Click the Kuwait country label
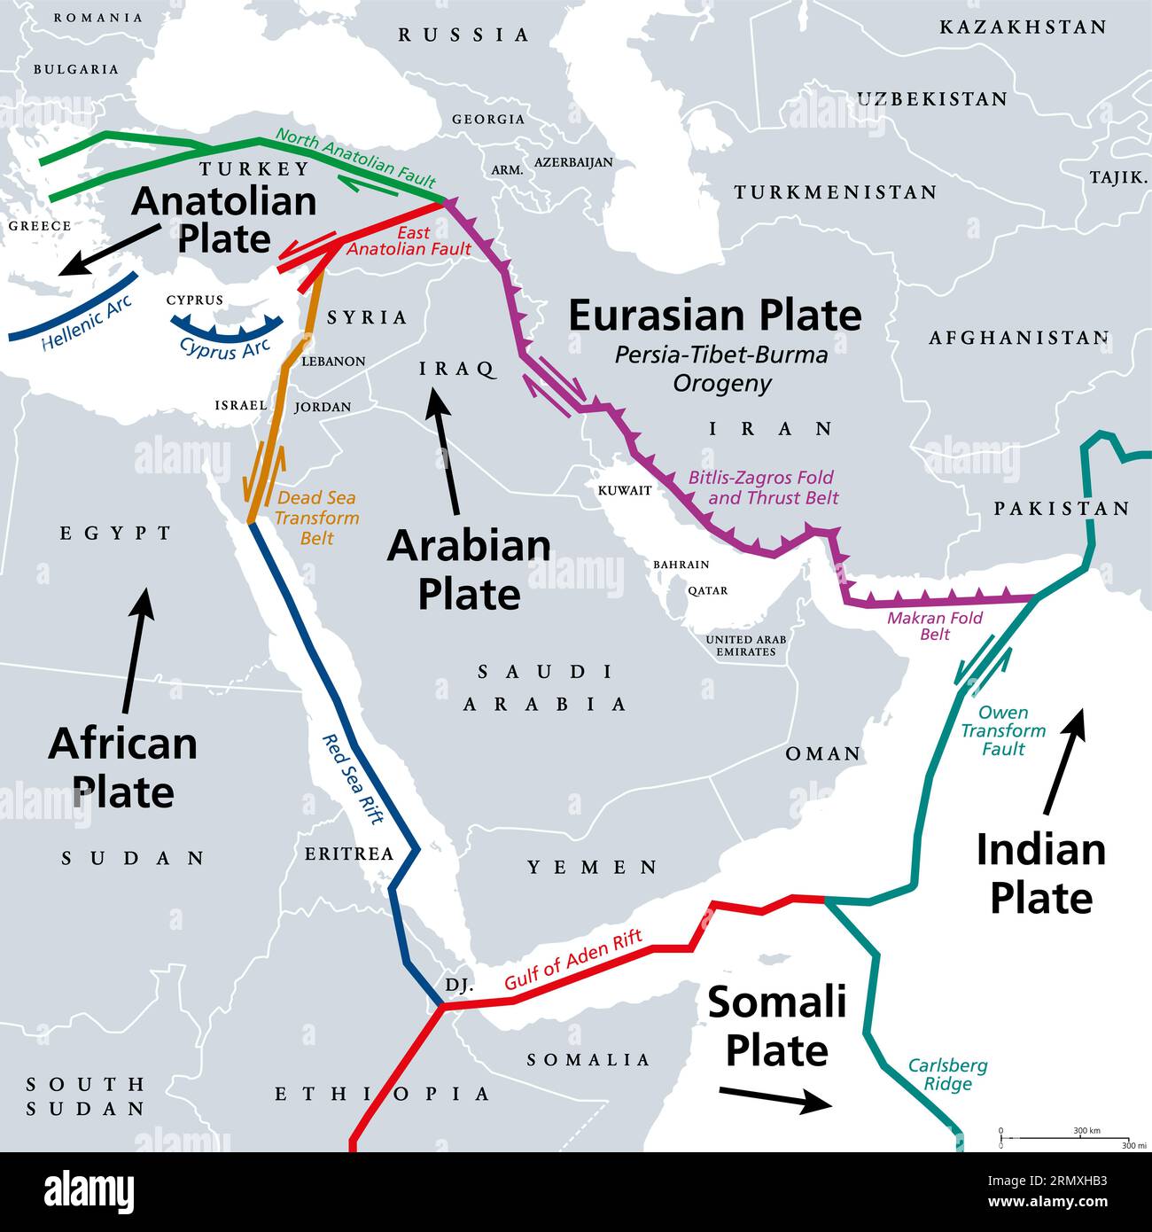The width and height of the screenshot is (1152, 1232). point(625,490)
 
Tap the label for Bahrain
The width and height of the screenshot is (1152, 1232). point(681,565)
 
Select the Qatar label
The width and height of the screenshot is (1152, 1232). point(707,590)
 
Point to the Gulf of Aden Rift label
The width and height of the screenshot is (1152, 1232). point(572,961)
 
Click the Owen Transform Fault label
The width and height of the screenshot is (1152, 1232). point(1003,730)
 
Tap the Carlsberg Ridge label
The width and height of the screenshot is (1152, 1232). point(947,1074)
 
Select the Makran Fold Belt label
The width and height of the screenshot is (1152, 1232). point(935,626)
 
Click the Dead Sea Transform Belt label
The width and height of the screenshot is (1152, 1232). point(316,518)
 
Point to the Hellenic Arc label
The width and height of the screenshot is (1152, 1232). point(87,324)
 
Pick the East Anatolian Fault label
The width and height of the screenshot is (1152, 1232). point(409,241)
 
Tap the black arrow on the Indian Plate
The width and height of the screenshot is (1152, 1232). point(1064,761)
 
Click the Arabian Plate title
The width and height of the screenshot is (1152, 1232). point(469,569)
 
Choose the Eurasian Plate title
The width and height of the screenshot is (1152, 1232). point(714,316)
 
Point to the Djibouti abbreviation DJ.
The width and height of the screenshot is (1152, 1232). point(459,985)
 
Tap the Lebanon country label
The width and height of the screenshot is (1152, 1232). point(333,362)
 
